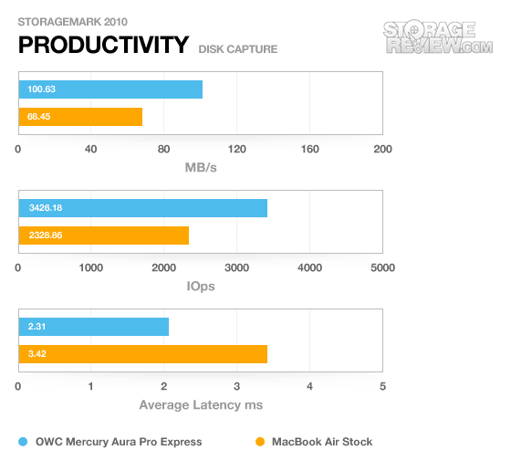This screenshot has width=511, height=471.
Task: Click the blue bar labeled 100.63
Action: [x=110, y=89]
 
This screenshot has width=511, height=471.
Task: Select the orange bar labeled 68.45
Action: [x=80, y=117]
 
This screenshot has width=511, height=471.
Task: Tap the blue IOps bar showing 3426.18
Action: [x=143, y=208]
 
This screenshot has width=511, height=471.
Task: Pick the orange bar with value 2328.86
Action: [x=104, y=235]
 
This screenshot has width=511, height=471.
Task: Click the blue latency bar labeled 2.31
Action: [x=94, y=327]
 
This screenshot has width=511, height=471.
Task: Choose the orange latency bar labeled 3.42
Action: [x=143, y=354]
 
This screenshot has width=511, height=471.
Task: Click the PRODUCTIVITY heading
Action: [x=104, y=45]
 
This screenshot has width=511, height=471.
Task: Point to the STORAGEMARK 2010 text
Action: [x=73, y=22]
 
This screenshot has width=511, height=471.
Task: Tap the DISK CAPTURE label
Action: [x=238, y=49]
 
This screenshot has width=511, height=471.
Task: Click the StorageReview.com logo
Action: [x=438, y=37]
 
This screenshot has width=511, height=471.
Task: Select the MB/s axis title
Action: [x=201, y=168]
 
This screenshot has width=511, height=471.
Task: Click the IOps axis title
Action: [x=201, y=287]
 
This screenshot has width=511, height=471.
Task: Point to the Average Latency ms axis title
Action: [x=201, y=405]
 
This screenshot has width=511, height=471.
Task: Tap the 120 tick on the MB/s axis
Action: [x=237, y=150]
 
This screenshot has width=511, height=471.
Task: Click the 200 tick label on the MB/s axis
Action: [x=383, y=150]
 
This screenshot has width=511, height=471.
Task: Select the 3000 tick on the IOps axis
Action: [x=237, y=268]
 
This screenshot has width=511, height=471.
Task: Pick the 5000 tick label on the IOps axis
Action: [x=383, y=268]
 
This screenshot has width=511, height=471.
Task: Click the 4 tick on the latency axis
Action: [x=309, y=387]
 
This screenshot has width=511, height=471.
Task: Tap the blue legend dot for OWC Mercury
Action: [x=23, y=442]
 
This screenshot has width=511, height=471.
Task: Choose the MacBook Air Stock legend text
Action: [x=322, y=442]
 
